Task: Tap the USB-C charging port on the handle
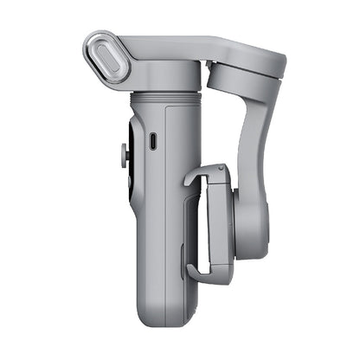[152, 140]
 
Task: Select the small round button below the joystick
[124, 158]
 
